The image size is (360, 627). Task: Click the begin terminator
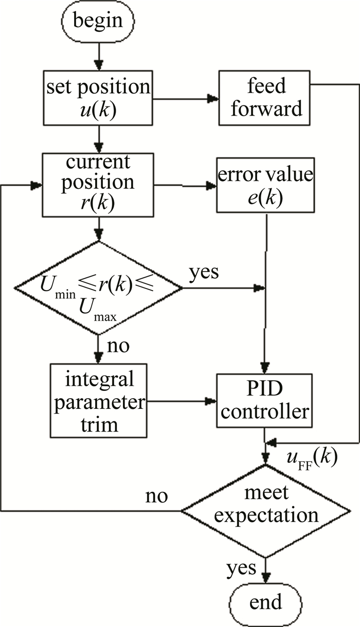click(x=98, y=21)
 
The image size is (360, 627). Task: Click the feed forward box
click(x=265, y=98)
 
